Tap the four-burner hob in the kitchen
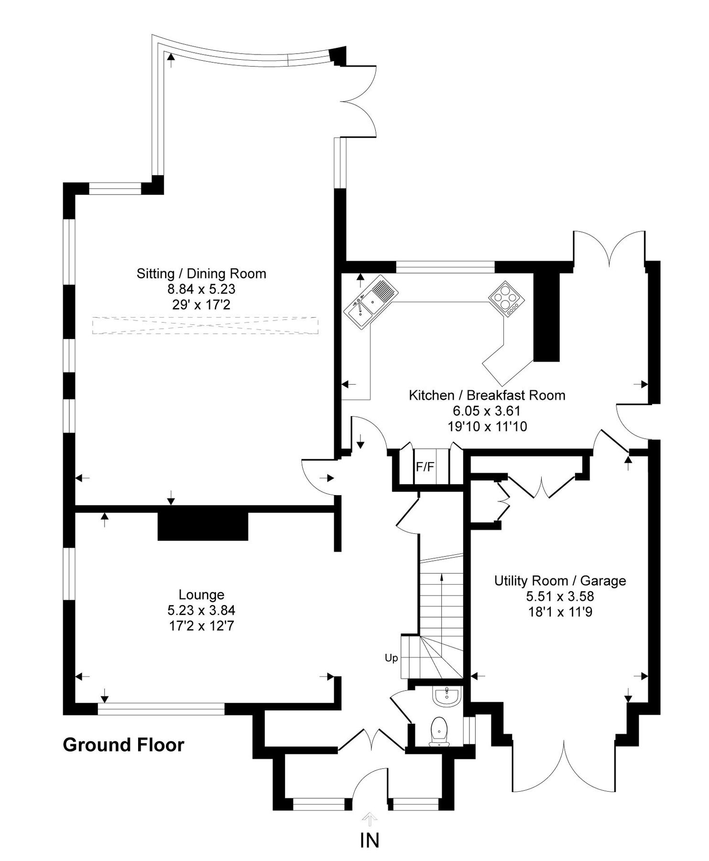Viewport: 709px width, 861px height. tap(506, 298)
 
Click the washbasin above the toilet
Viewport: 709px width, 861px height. tap(447, 696)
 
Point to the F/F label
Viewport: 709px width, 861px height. tap(425, 467)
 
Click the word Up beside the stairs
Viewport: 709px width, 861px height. tap(391, 658)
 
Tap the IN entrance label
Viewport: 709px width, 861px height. tap(370, 840)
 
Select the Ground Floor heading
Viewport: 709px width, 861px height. tap(123, 745)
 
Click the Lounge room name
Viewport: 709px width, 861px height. tap(201, 595)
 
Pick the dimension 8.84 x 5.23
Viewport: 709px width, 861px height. tap(201, 289)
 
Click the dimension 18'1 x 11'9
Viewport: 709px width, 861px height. tap(560, 612)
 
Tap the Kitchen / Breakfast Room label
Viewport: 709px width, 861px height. tap(487, 395)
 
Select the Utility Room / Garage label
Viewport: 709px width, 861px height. tap(560, 581)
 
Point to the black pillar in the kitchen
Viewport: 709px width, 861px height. tap(546, 318)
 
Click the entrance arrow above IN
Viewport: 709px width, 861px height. tap(370, 819)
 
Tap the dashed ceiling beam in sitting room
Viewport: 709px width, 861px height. tap(205, 325)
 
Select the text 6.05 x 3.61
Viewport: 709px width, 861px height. tap(487, 410)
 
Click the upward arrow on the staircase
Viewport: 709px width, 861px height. tap(441, 598)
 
